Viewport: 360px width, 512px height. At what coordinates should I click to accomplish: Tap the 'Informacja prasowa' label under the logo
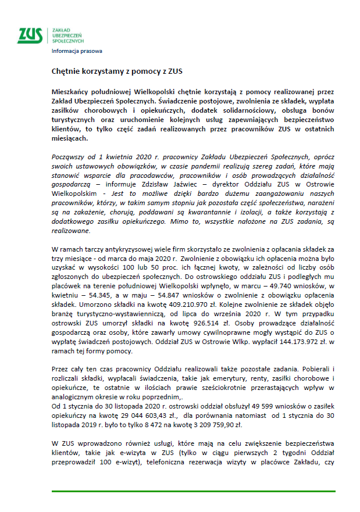pyautogui.click(x=77, y=51)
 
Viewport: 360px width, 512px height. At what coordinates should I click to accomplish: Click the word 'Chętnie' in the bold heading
pyautogui.click(x=64, y=73)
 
